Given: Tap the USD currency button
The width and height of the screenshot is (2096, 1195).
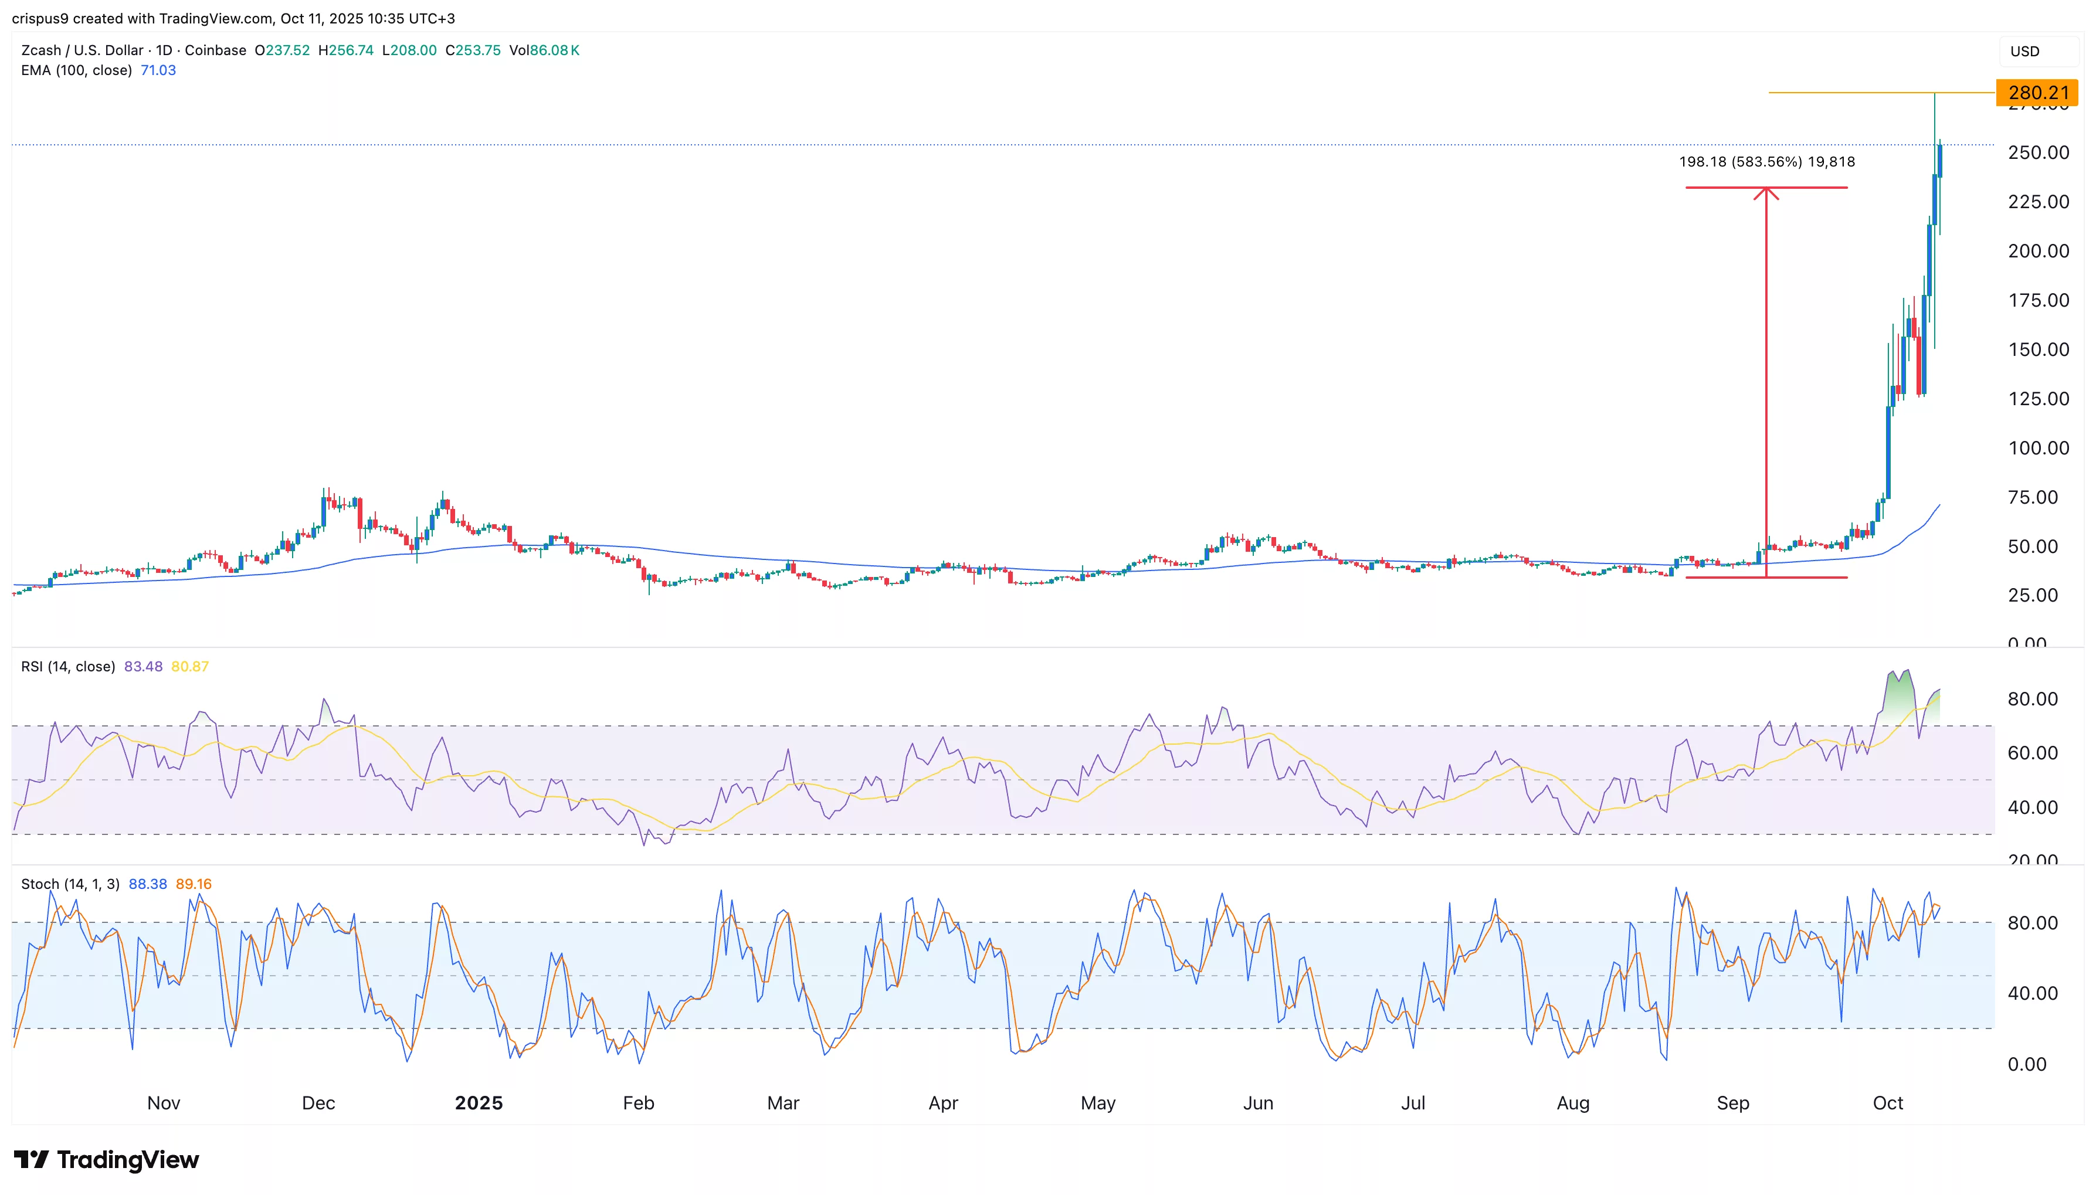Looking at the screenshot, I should tap(2024, 51).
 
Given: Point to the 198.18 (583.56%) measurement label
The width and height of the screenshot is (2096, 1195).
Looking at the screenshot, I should tap(1766, 162).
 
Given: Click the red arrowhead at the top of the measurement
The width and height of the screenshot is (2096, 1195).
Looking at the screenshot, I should tap(1766, 193).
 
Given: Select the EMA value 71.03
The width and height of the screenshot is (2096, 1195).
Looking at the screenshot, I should tap(158, 70).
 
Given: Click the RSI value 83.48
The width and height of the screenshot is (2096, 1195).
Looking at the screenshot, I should tap(143, 667).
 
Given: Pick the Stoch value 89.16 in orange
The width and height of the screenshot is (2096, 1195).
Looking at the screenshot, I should tap(194, 884).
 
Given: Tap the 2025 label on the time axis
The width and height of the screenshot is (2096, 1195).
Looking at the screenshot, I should tap(479, 1103).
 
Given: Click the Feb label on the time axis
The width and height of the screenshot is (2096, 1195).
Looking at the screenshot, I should tap(639, 1103).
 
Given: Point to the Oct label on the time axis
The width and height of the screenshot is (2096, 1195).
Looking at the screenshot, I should tap(1888, 1103).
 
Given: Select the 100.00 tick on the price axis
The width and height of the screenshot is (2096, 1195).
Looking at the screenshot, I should tap(2039, 448).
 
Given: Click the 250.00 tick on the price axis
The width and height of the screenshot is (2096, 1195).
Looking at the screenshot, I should tap(2039, 152).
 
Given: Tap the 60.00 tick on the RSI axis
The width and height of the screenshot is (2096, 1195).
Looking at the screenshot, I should tap(2032, 753).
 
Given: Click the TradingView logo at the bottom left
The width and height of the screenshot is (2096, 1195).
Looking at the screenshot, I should tap(107, 1160).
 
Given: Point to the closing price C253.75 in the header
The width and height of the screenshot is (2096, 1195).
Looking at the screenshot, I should tap(473, 50).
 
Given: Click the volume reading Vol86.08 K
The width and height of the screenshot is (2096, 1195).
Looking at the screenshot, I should tap(544, 50).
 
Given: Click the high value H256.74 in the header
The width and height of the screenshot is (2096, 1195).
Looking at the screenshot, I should tap(345, 50).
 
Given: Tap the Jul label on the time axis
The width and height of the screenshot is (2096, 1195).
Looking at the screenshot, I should tap(1412, 1103).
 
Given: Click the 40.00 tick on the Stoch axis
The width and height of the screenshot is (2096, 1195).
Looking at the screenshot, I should tap(2032, 993).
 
